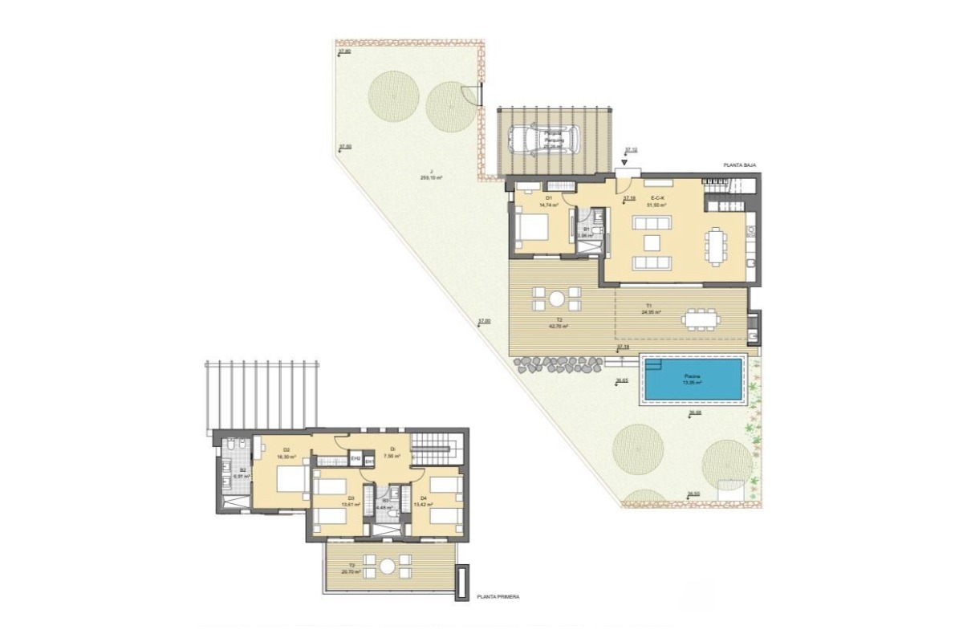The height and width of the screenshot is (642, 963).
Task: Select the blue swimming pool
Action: (693, 380)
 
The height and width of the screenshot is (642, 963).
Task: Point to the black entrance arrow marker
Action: (625, 161)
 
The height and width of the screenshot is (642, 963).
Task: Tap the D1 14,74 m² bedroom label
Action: (548, 201)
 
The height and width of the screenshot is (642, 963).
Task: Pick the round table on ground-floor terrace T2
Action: (556, 299)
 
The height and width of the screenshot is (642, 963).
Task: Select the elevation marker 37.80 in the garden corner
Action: (344, 51)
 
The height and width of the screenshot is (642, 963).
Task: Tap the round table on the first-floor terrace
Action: (388, 566)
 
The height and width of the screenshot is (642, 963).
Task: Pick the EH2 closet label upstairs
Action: (355, 459)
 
